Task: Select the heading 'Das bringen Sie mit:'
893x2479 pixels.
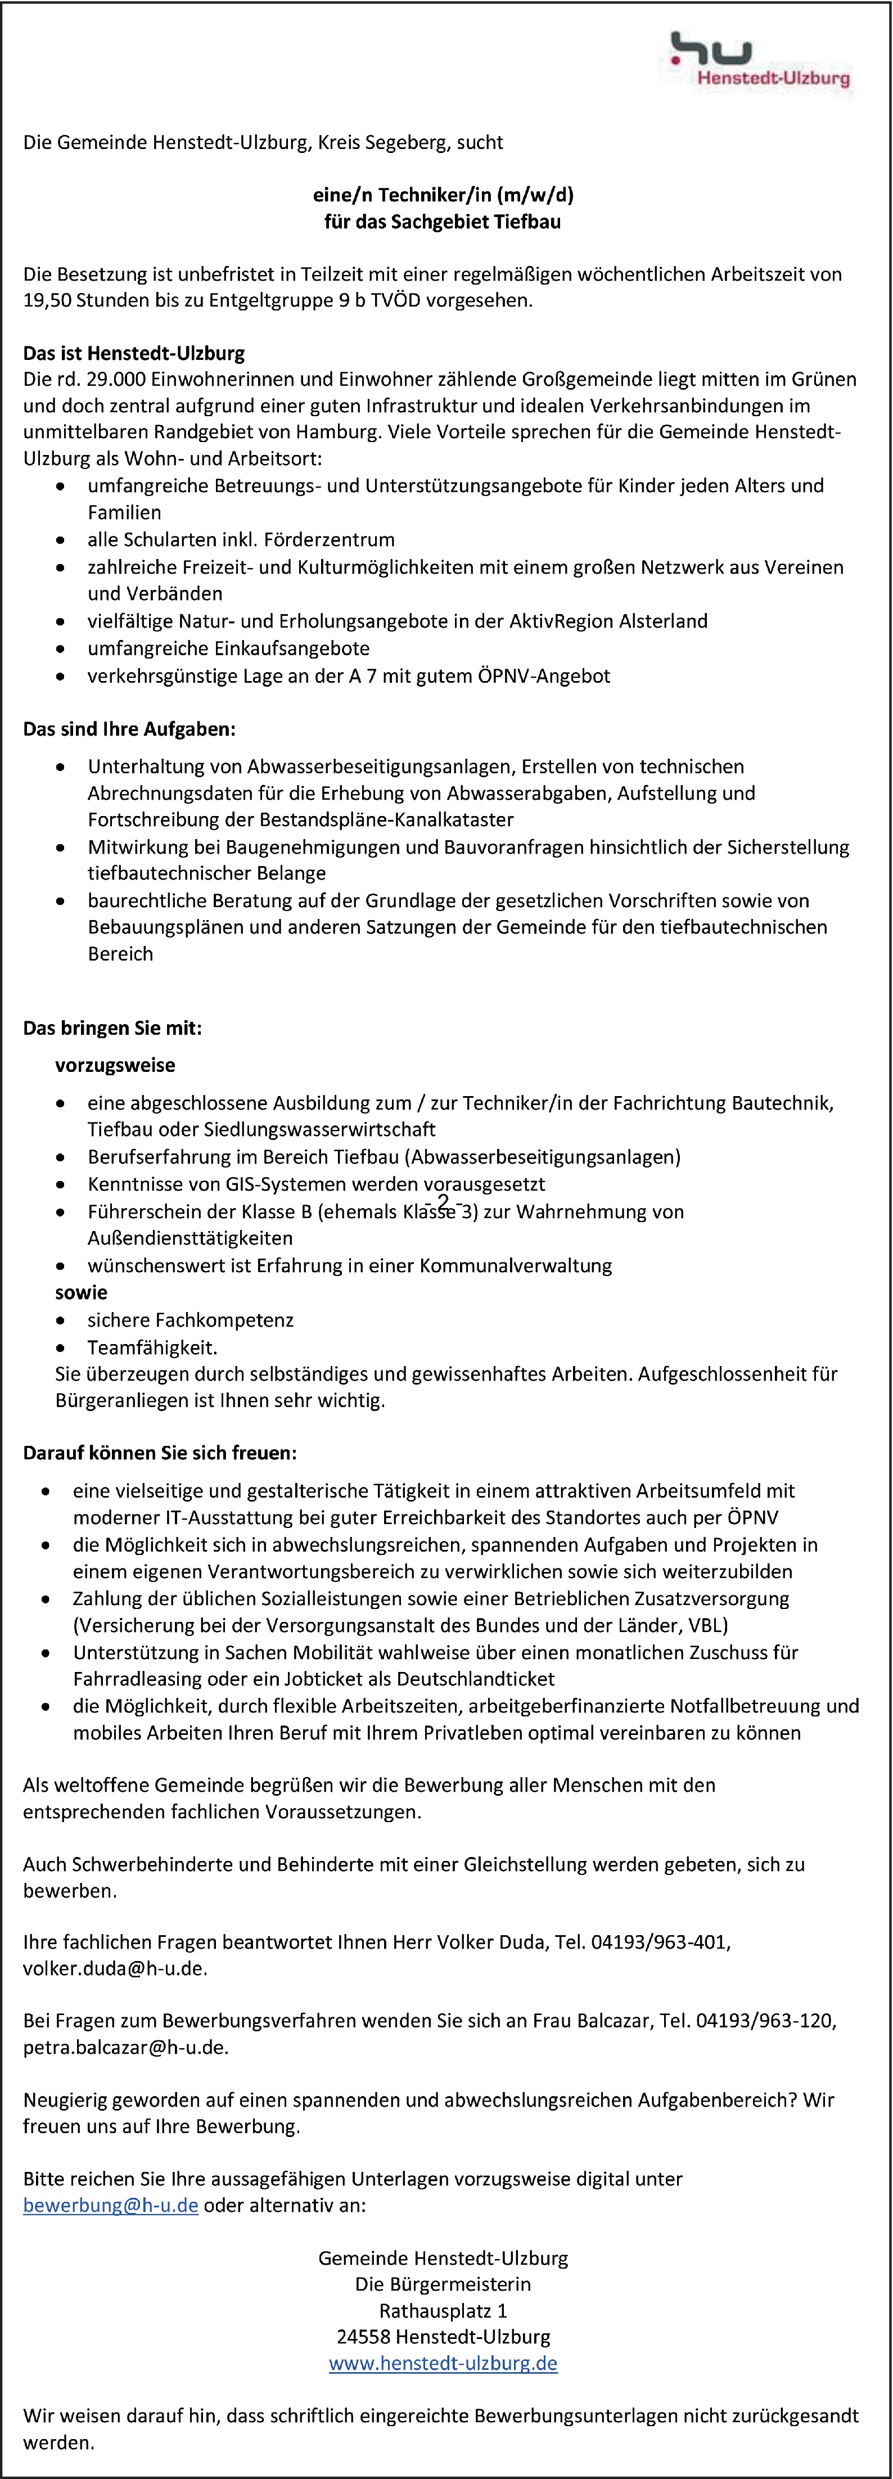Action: [x=112, y=1028]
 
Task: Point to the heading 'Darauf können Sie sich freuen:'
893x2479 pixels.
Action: [x=160, y=1452]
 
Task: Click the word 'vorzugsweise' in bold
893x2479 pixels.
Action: [x=115, y=1065]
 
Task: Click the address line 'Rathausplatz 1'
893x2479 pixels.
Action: [x=443, y=2310]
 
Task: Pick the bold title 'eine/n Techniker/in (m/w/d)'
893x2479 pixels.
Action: [x=443, y=195]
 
